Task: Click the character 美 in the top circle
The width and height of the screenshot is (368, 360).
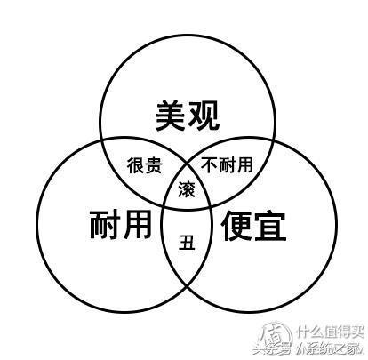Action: (x=171, y=116)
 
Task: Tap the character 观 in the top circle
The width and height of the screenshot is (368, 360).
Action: (x=204, y=116)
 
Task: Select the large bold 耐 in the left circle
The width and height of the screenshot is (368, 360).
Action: (x=104, y=224)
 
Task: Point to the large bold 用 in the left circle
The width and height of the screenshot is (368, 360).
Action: (x=137, y=224)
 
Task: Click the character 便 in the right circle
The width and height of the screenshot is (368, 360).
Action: (x=236, y=226)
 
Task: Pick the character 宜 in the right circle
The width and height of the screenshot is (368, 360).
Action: (x=269, y=226)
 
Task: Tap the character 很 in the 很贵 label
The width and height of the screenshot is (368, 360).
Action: (x=135, y=165)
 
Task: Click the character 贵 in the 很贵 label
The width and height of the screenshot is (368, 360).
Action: (x=153, y=165)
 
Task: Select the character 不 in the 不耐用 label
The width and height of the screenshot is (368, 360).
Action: (x=209, y=164)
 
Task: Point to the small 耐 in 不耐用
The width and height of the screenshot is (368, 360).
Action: (x=227, y=164)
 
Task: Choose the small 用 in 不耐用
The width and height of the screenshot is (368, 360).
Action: (x=244, y=164)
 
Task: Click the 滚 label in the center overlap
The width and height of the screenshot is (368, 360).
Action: (x=187, y=189)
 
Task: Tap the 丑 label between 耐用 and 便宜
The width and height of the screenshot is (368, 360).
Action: (x=187, y=242)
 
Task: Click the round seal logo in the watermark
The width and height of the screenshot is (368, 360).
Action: (x=274, y=337)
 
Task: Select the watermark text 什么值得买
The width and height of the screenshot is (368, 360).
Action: (x=331, y=332)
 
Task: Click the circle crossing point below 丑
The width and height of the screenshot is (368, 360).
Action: (x=187, y=286)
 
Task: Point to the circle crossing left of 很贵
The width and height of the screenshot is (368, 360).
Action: (x=101, y=140)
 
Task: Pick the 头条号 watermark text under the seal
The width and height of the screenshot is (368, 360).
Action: (x=272, y=349)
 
